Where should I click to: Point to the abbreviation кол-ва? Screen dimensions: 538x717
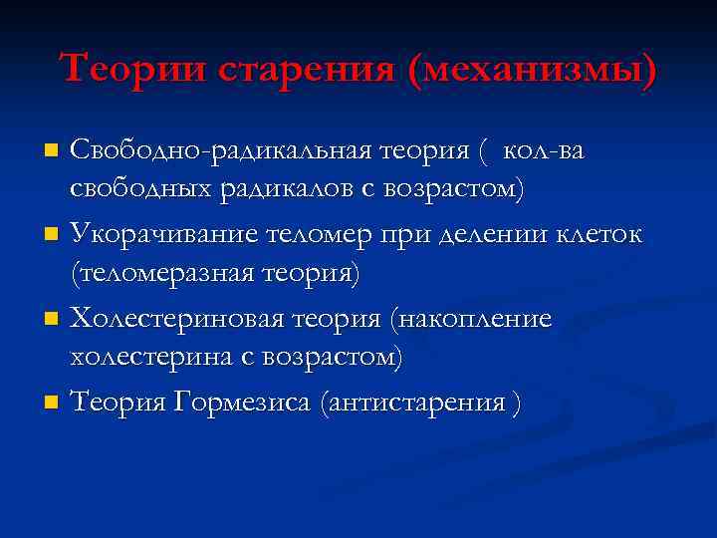pos(545,151)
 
